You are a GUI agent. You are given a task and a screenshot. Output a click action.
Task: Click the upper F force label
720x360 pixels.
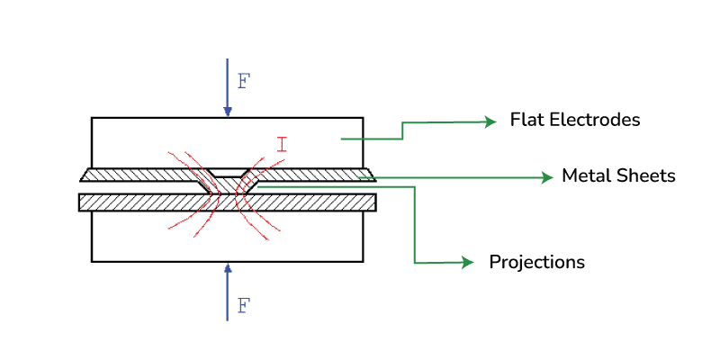coord(244,80)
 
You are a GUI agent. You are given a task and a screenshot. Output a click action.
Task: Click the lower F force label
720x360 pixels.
coord(244,305)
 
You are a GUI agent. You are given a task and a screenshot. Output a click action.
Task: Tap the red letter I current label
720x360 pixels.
coord(282,143)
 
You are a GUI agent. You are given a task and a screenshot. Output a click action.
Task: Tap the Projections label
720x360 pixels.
coord(536,262)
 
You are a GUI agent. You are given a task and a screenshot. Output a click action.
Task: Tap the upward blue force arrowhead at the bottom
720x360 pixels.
coord(228,268)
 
